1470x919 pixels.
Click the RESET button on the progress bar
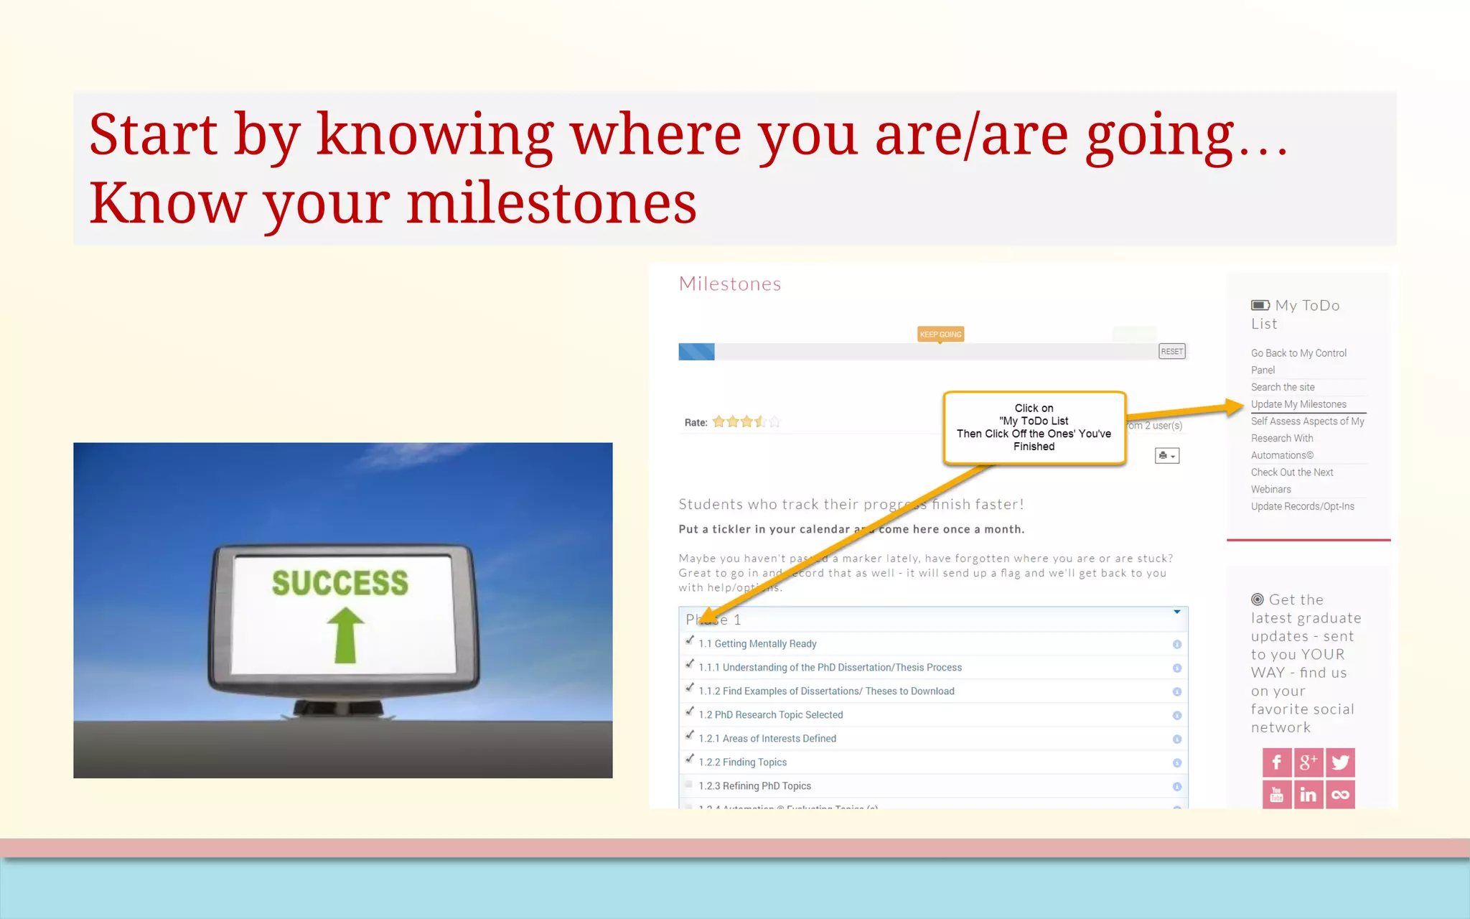1171,351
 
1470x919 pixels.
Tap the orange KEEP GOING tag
940,334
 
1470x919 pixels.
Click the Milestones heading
729,284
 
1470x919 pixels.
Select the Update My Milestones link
1298,404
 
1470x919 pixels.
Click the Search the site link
1282,387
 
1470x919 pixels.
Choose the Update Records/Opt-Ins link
1302,506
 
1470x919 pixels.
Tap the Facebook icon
1276,762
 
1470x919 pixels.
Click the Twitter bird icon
1340,762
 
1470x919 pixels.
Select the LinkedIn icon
1308,795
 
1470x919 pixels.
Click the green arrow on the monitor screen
345,635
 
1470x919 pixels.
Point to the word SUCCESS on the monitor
340,582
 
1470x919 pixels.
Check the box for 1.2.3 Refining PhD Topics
689,785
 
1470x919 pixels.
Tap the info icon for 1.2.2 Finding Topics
1176,762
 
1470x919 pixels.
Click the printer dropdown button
1166,456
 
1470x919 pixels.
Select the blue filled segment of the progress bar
696,352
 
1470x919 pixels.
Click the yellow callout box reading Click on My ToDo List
1034,427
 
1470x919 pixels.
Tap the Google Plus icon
1308,762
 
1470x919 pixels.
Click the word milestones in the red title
551,203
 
